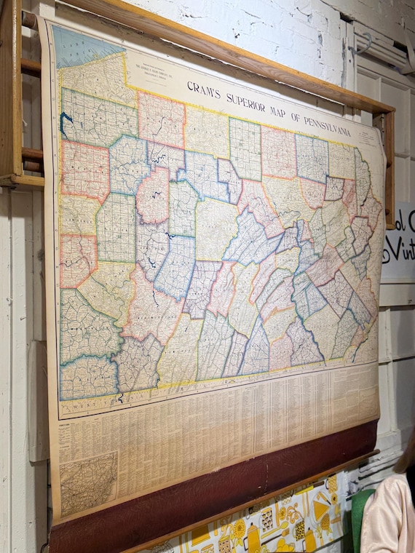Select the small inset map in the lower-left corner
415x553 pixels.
click(x=87, y=482)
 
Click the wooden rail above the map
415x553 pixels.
click(x=218, y=44)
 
